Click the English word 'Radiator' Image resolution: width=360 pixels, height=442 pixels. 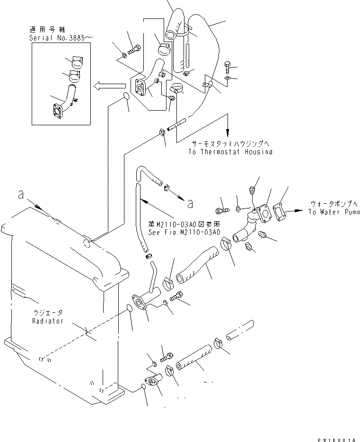pyautogui.click(x=45, y=321)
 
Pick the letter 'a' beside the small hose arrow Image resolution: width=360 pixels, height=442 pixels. pyautogui.click(x=190, y=204)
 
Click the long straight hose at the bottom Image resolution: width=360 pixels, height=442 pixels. pyautogui.click(x=193, y=358)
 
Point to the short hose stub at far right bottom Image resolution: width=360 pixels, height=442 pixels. pyautogui.click(x=240, y=330)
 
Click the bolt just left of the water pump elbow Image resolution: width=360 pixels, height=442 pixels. pyautogui.click(x=223, y=208)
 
